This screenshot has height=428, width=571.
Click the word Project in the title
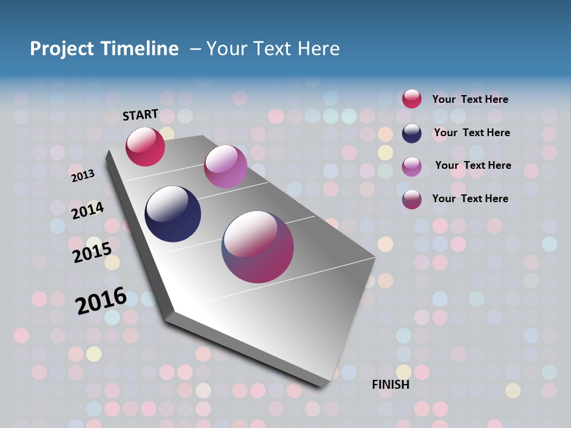[x=62, y=49]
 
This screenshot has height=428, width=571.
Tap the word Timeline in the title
[x=140, y=49]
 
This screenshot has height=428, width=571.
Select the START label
[x=140, y=115]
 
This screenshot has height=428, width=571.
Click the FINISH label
[x=391, y=385]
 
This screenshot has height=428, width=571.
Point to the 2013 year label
[x=83, y=175]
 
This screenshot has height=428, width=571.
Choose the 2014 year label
[x=87, y=210]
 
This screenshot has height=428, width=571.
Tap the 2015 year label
[x=92, y=252]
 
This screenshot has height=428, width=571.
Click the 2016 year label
[x=101, y=300]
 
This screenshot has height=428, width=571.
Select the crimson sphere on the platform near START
[x=145, y=147]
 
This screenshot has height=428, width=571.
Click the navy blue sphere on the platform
[x=173, y=214]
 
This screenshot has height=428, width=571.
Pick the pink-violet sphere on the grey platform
[x=225, y=166]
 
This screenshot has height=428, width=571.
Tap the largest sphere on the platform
[x=258, y=247]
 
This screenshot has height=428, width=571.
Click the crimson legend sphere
[x=412, y=99]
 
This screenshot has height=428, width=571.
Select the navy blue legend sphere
[x=412, y=133]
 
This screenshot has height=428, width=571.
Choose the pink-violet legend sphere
[x=412, y=166]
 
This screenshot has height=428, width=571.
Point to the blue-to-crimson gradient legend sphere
[x=412, y=199]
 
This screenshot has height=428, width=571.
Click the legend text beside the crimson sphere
[x=470, y=99]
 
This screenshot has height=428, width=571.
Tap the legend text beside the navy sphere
[x=472, y=133]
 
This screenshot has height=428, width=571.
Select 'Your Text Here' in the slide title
[x=273, y=49]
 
